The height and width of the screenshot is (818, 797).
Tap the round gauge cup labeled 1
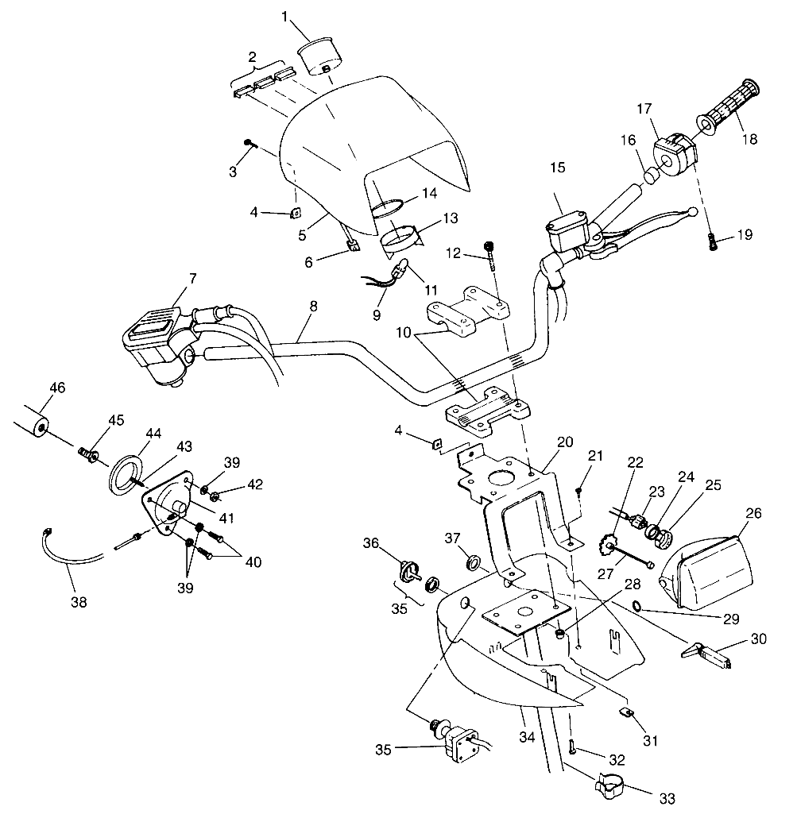click(x=319, y=56)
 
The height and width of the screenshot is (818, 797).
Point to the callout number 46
click(x=57, y=388)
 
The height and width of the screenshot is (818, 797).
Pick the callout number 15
click(x=558, y=168)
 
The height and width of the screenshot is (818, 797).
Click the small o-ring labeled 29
click(x=638, y=606)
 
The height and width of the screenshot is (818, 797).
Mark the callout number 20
click(x=565, y=442)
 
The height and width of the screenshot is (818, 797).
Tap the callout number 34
click(x=527, y=737)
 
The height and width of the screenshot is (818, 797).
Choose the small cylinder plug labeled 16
click(x=651, y=176)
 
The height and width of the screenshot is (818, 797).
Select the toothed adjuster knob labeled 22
click(x=606, y=548)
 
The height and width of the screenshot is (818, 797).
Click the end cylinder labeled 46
click(x=31, y=425)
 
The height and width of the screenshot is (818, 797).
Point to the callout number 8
click(x=313, y=307)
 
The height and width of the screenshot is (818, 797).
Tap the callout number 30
click(x=758, y=639)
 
